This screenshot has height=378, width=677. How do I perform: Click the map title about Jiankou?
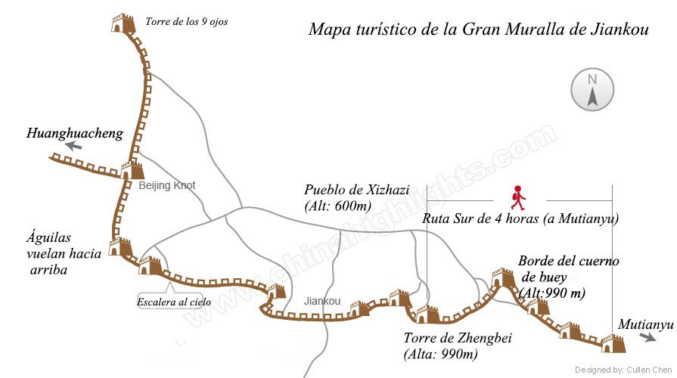pos(479,29)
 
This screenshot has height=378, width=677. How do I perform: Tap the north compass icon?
pos(592,88)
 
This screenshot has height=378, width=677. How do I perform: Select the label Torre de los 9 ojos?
pos(186,22)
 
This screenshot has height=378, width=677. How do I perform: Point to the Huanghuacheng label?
pos(74,134)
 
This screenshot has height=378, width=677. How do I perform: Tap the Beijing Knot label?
pos(166,185)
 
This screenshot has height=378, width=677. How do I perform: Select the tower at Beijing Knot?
pos(132,169)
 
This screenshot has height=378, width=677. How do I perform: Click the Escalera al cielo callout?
pos(174,302)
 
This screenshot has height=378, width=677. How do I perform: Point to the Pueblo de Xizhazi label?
pos(356,197)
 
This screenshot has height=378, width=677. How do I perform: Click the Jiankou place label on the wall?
pos(321,301)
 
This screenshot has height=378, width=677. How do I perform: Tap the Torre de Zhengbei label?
pos(446,345)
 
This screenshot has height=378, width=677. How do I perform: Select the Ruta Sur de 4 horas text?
pos(520,219)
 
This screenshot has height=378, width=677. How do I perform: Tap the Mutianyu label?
pos(644,324)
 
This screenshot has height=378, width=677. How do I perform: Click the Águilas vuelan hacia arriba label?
pos(64,254)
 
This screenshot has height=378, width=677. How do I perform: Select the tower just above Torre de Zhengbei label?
pos(427,313)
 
